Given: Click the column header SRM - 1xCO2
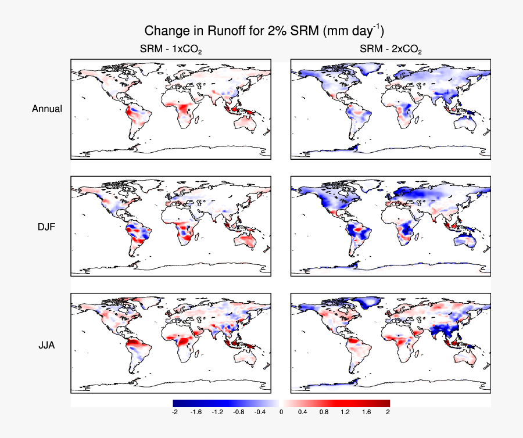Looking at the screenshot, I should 170,50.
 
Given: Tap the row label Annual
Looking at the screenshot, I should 47,109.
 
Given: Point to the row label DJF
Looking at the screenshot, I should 47,227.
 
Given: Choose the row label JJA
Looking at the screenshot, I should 47,344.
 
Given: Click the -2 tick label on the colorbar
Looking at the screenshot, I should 174,412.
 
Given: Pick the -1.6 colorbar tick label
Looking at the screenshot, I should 196,412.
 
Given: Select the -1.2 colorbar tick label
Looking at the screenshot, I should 217,412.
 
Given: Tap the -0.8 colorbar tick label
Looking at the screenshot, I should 238,412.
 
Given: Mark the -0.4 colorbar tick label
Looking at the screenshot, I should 260,412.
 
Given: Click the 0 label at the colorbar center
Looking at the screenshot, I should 281,412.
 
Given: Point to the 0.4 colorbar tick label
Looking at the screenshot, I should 303,412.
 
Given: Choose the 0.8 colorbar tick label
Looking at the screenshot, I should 324,412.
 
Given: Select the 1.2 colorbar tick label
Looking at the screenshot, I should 345,412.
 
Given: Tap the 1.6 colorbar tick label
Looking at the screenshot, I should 367,412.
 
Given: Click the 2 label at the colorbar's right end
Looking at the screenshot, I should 388,412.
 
